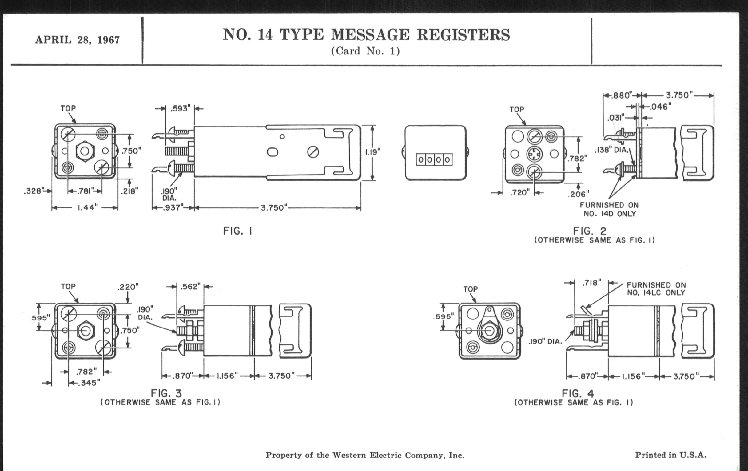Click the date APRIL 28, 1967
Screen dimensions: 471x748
[77, 40]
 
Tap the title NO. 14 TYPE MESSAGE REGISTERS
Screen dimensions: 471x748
[366, 34]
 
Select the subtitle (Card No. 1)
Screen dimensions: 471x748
[365, 51]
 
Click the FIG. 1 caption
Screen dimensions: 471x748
[238, 231]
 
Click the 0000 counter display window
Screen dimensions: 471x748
[434, 159]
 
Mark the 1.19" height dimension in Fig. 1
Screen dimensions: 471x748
[372, 152]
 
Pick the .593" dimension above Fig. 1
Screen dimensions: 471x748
[180, 108]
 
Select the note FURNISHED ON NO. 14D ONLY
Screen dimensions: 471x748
[609, 209]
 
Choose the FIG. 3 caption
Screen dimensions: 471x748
[166, 393]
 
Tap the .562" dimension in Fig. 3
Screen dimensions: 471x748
[190, 286]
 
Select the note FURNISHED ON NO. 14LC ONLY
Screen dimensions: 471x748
[656, 288]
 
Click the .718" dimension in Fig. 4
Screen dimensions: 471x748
[591, 283]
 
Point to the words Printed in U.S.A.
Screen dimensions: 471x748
[671, 455]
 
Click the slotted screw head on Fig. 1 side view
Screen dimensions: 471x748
[313, 152]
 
